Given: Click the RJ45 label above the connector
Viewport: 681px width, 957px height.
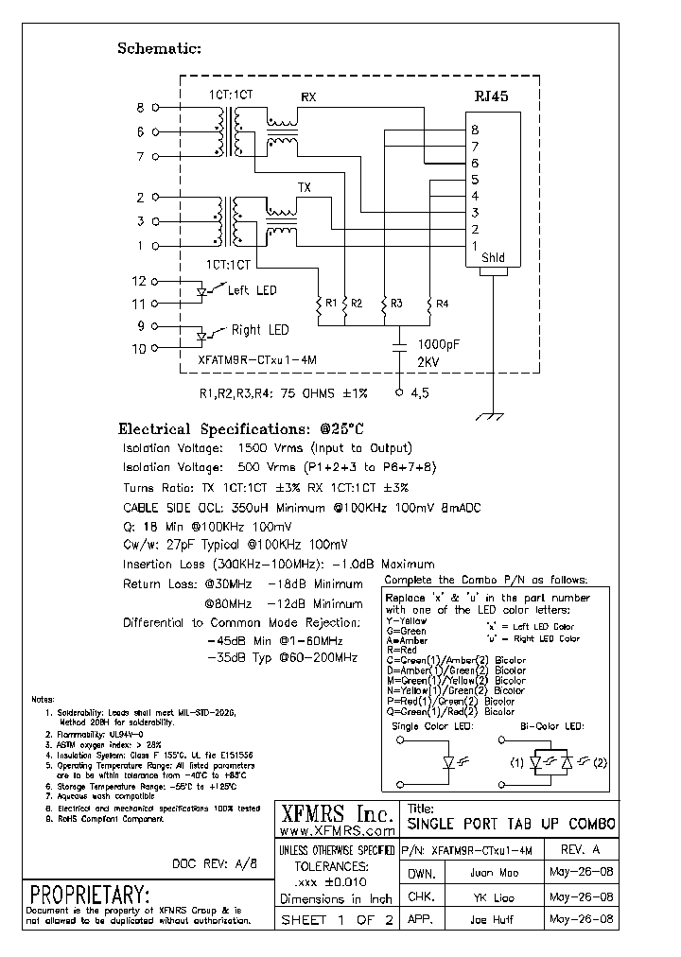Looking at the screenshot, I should [492, 96].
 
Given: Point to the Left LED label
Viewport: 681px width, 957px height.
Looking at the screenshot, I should [253, 290].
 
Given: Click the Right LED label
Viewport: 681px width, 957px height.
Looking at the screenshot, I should [260, 330].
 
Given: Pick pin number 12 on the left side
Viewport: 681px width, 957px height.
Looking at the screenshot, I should [139, 282].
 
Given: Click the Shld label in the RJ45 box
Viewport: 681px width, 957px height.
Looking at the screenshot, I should [494, 257].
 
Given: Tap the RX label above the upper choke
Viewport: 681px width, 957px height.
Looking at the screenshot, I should [308, 97].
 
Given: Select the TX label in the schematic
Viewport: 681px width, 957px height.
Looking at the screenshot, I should [305, 187].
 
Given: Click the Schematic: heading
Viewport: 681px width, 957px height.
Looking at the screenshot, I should [159, 48].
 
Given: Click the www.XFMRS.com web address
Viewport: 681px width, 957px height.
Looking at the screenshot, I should [338, 830].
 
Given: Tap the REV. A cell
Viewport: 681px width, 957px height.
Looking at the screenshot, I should [580, 849].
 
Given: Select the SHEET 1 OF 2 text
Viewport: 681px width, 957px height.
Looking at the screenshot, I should [336, 920].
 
